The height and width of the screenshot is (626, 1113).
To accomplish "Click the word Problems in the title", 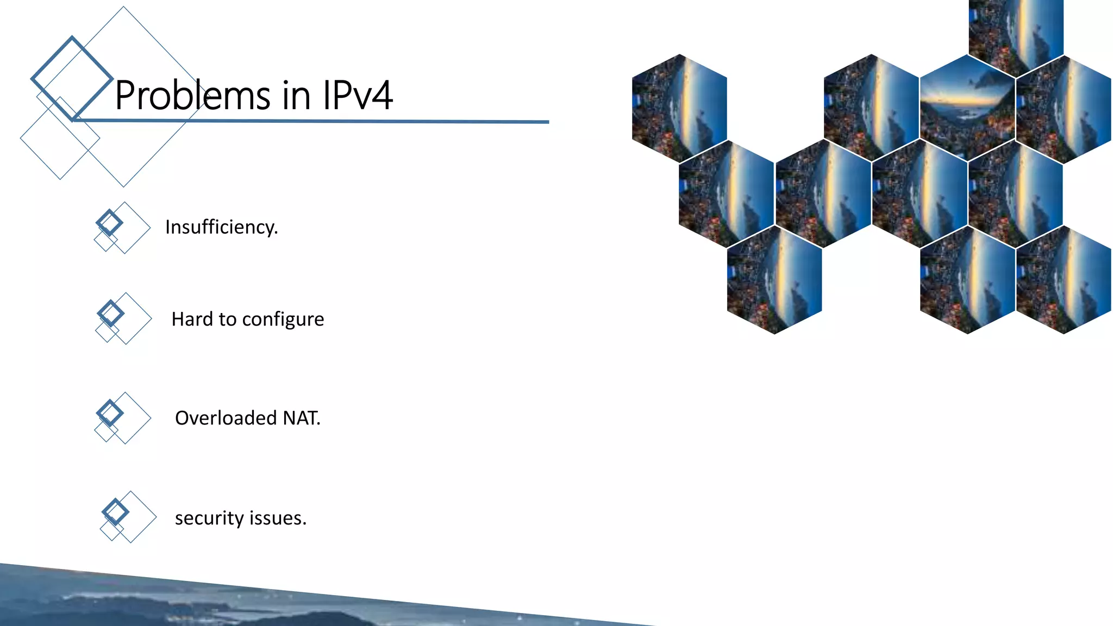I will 192,96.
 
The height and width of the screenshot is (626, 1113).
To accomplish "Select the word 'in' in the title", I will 296,96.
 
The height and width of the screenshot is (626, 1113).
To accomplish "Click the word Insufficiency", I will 221,227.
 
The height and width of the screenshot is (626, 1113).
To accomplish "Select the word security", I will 209,518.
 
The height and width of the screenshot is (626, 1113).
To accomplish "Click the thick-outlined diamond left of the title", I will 72,78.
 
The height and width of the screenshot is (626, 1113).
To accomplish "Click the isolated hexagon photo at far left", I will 679,108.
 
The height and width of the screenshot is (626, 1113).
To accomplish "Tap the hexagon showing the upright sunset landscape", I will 967,108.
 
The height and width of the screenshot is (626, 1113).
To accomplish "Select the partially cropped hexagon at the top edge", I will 1016,33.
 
